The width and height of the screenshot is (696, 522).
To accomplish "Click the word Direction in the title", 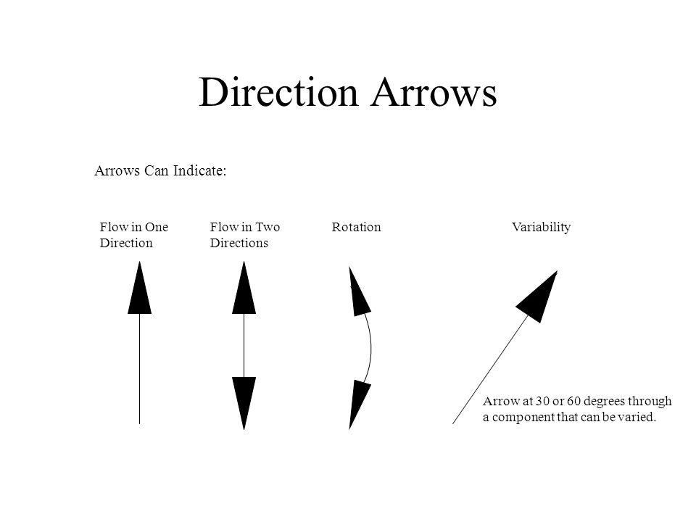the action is (x=278, y=92).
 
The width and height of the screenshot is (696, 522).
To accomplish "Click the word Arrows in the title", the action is (x=434, y=92).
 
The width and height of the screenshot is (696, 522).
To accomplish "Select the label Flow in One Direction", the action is (x=134, y=235).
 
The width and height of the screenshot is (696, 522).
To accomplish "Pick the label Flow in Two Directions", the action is (x=245, y=235).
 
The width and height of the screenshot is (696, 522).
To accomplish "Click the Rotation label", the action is (x=357, y=227).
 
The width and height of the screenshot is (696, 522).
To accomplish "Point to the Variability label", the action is (x=541, y=227).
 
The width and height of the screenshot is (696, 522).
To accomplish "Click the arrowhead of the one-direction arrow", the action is (x=139, y=288).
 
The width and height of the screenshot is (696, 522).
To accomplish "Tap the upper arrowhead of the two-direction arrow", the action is (x=244, y=288).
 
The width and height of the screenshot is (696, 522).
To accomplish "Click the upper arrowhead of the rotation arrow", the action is (x=359, y=292).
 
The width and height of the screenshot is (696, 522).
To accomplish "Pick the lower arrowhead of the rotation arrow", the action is (x=359, y=405).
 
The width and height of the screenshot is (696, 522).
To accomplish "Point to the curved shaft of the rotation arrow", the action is (x=370, y=349).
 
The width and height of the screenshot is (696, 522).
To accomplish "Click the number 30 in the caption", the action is (x=542, y=401).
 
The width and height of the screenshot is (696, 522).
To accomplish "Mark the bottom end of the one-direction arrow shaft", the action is (x=139, y=424).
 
